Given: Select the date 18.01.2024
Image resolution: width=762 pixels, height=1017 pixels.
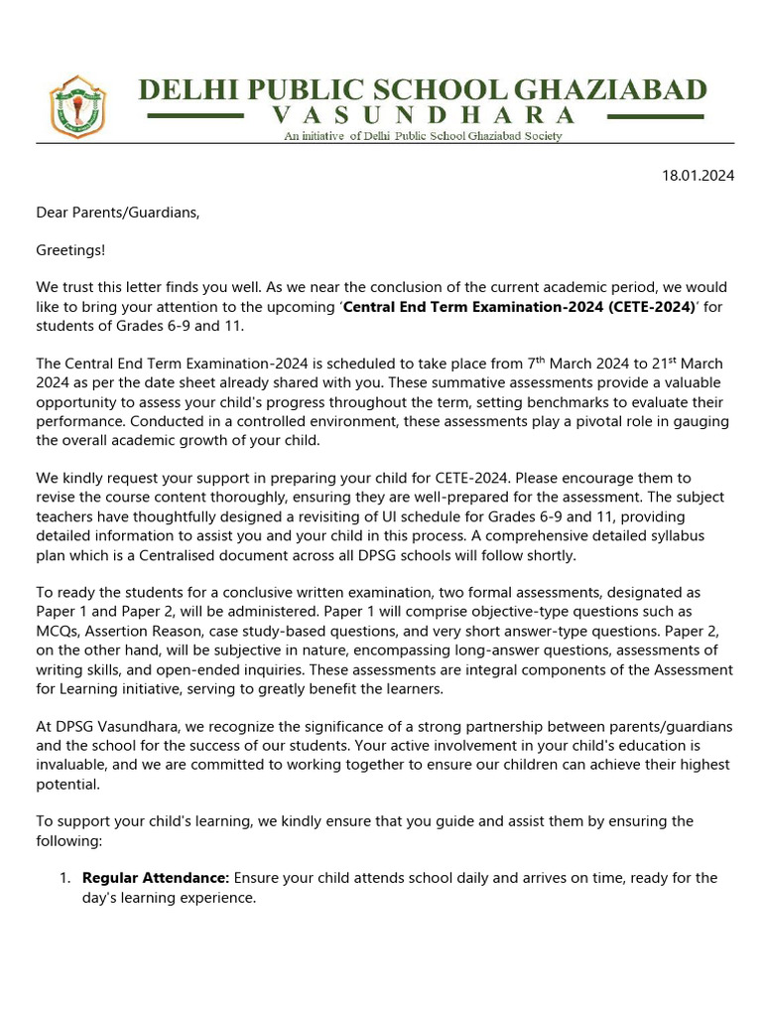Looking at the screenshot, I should click(698, 176).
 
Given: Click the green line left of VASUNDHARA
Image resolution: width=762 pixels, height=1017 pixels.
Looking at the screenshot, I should click(194, 116).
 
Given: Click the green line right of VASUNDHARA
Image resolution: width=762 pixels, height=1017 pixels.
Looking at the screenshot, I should click(655, 116).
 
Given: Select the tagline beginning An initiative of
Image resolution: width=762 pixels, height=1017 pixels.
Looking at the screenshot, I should click(423, 136).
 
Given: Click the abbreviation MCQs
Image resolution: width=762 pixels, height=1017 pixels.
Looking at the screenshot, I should click(61, 631).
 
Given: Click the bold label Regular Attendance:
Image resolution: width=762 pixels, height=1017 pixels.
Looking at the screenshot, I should click(156, 878).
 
